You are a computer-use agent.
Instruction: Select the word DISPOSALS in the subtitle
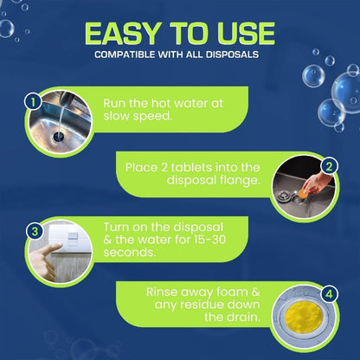pos(234,57)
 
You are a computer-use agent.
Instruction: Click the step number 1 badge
pos(32,101)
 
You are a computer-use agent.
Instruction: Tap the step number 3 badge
pos(32,232)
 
